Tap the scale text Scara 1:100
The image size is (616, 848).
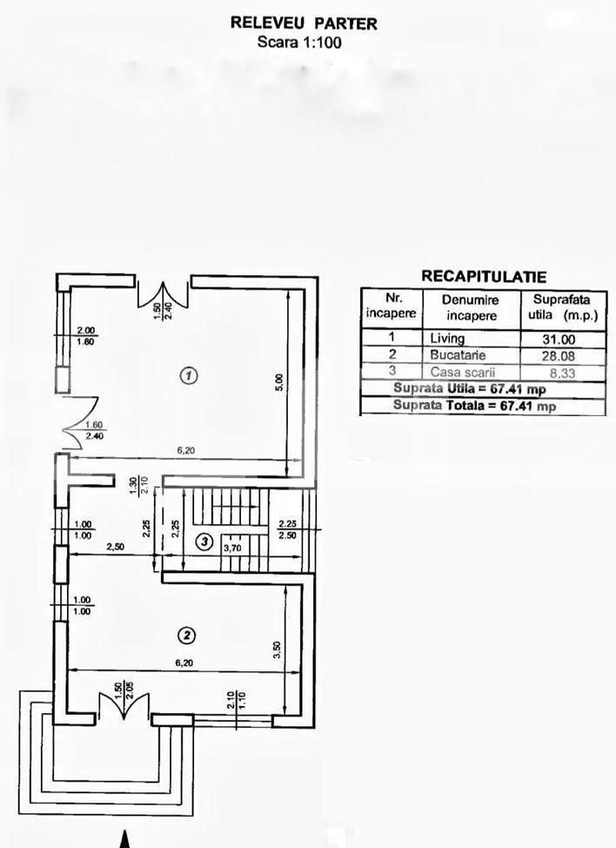(x=303, y=41)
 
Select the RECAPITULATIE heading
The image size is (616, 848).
(x=484, y=277)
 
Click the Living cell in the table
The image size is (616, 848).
(x=447, y=339)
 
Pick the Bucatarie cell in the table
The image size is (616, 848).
(x=458, y=355)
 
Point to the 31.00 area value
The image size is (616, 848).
(x=564, y=340)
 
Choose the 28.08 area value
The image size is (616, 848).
(x=564, y=356)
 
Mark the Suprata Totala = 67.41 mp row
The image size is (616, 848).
(x=474, y=406)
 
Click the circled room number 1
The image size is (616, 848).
(x=188, y=375)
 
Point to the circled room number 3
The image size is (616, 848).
(x=203, y=542)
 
